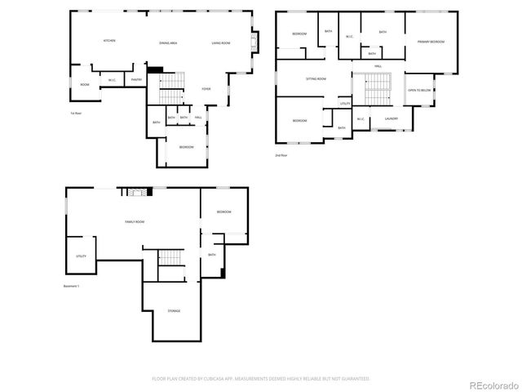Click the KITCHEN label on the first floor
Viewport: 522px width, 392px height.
(108, 41)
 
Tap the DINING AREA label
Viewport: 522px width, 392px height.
(169, 41)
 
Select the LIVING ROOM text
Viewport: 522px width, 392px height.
(221, 41)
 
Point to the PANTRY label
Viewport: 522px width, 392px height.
(137, 79)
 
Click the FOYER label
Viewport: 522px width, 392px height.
(207, 90)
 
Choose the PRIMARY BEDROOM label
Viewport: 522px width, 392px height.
(431, 41)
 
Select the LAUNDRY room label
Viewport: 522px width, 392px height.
(391, 120)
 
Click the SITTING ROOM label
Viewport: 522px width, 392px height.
(316, 79)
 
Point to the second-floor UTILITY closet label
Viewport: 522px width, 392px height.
(345, 104)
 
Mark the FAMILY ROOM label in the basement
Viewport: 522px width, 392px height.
(135, 222)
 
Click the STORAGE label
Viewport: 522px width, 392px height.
(175, 311)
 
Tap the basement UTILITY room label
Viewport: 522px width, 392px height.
(81, 256)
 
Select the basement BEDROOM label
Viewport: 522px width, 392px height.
(223, 212)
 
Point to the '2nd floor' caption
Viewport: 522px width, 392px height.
(281, 154)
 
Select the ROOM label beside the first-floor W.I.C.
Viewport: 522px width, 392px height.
(84, 84)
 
